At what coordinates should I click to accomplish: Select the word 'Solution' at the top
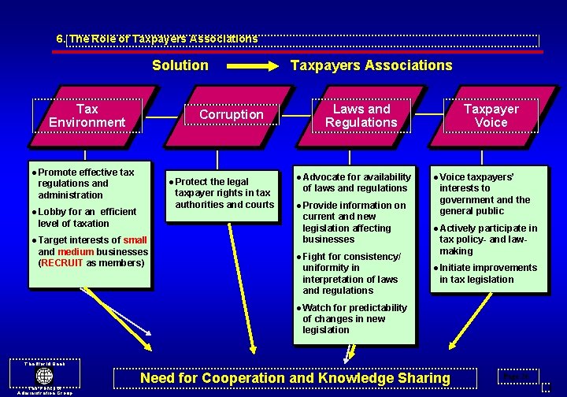pyautogui.click(x=180, y=65)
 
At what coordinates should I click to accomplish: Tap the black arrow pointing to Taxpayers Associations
pyautogui.click(x=250, y=65)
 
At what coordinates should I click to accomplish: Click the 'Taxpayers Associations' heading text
pyautogui.click(x=372, y=65)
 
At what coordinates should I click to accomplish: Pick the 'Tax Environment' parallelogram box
pyautogui.click(x=87, y=116)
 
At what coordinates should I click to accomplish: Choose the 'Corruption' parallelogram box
pyautogui.click(x=232, y=115)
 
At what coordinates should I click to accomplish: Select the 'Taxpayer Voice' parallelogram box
pyautogui.click(x=491, y=116)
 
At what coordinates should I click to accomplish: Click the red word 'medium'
pyautogui.click(x=76, y=252)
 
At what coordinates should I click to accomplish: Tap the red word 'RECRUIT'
pyautogui.click(x=62, y=263)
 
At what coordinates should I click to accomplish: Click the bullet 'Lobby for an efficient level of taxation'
pyautogui.click(x=87, y=217)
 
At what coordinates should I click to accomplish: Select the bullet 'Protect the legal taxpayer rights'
pyautogui.click(x=224, y=193)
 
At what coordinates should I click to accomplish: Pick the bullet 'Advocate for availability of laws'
pyautogui.click(x=356, y=183)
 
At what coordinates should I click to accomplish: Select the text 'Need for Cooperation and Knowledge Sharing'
pyautogui.click(x=295, y=378)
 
